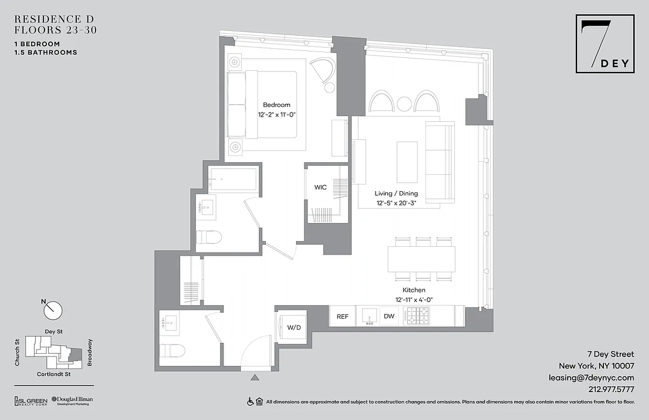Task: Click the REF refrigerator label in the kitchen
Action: [x=342, y=317]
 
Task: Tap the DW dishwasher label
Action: [x=389, y=317]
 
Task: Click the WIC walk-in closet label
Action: [x=321, y=187]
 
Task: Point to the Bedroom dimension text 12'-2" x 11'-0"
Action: [x=277, y=114]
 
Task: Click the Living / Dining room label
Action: [x=396, y=194]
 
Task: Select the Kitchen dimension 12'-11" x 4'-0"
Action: [x=414, y=299]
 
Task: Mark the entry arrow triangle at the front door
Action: [x=255, y=377]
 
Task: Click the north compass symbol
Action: [x=52, y=310]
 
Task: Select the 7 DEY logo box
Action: [x=605, y=44]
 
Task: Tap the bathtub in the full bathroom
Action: [x=233, y=179]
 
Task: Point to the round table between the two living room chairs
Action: [x=404, y=104]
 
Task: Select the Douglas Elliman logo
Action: [x=72, y=401]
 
